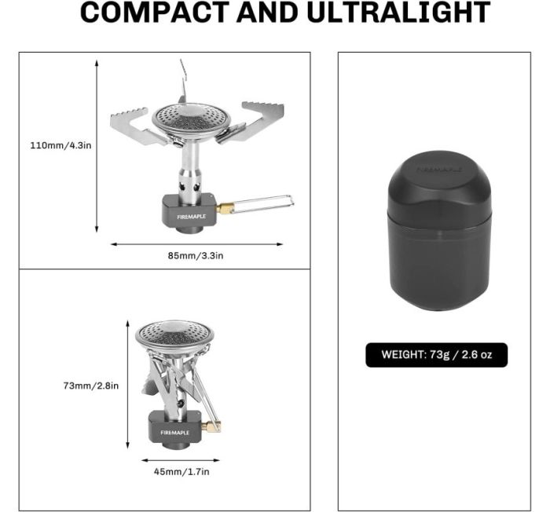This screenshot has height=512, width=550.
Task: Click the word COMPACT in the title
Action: click(x=155, y=12)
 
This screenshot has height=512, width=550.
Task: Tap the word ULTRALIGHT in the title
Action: click(x=398, y=12)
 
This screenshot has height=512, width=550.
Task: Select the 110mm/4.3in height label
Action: click(x=60, y=145)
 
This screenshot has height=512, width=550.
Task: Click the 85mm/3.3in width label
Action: click(x=196, y=255)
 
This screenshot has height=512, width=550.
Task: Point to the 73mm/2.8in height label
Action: click(x=91, y=386)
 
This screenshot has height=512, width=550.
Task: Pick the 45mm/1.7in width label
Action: click(x=181, y=472)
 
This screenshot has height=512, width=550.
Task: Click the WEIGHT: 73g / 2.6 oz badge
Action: click(x=436, y=355)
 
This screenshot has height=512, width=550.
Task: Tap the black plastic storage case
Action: click(x=440, y=231)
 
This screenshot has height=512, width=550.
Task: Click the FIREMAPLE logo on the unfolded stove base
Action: click(x=191, y=217)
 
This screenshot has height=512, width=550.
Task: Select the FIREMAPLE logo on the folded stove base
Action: click(x=174, y=433)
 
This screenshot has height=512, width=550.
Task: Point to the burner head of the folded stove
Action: click(x=174, y=335)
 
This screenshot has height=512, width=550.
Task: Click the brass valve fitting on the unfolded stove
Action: click(x=223, y=209)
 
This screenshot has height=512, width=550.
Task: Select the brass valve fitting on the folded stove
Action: click(x=213, y=426)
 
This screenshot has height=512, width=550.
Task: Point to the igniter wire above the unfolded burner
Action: click(x=183, y=82)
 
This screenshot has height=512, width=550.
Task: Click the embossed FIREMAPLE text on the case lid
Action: click(x=439, y=170)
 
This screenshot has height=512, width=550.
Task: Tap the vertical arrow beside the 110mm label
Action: click(x=97, y=146)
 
